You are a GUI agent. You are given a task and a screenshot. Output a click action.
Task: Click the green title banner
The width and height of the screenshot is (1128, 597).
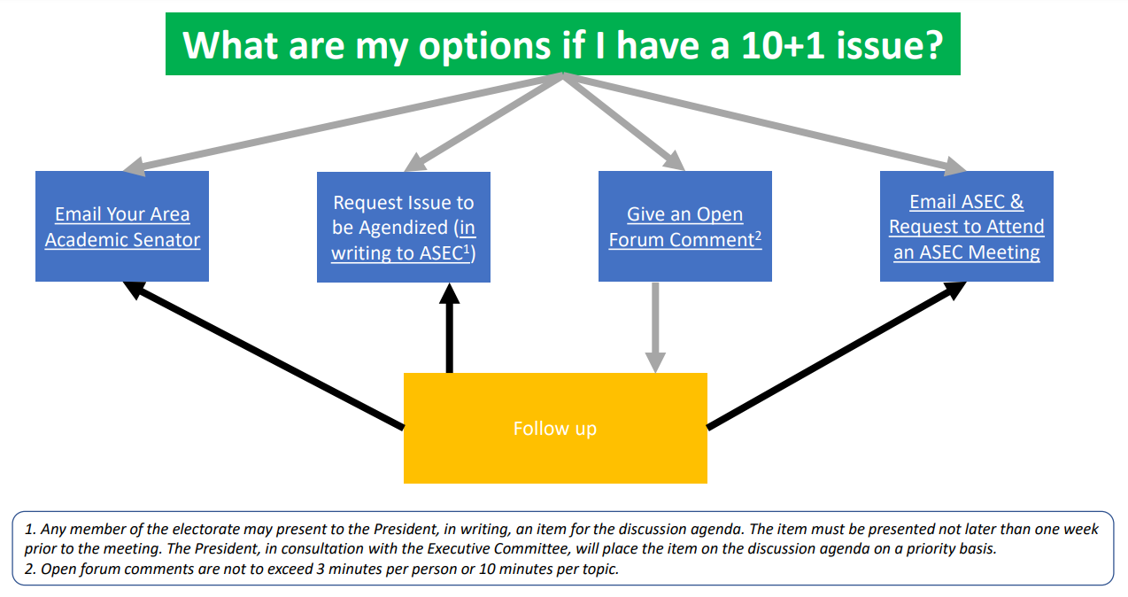point(562,43)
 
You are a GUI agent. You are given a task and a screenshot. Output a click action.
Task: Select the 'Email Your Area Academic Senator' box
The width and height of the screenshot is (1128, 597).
point(122,226)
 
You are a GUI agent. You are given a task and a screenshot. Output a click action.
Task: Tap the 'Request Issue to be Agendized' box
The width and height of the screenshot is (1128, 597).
point(404,228)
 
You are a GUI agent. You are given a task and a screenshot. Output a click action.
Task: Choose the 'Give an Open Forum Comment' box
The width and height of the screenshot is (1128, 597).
point(685,226)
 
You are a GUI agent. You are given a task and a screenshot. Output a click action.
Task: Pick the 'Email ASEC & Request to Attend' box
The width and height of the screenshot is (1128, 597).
point(966,226)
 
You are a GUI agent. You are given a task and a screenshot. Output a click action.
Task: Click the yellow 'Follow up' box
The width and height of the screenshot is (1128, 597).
point(555,428)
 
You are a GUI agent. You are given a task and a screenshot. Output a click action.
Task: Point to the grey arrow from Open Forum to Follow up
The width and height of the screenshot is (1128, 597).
point(655,328)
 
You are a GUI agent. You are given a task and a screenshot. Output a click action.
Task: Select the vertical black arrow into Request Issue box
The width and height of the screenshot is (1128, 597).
point(449,328)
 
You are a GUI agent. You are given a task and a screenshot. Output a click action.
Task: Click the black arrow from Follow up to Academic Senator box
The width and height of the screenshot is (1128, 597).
point(263,354)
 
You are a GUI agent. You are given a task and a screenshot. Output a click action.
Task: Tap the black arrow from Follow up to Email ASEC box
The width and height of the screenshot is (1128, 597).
point(837,354)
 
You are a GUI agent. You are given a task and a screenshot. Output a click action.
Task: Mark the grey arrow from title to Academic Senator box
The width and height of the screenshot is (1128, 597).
point(343,124)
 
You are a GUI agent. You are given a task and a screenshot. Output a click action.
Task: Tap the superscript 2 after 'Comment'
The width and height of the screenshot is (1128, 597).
point(758,235)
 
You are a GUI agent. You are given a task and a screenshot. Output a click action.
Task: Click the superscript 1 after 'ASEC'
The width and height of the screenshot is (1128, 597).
point(467,248)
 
